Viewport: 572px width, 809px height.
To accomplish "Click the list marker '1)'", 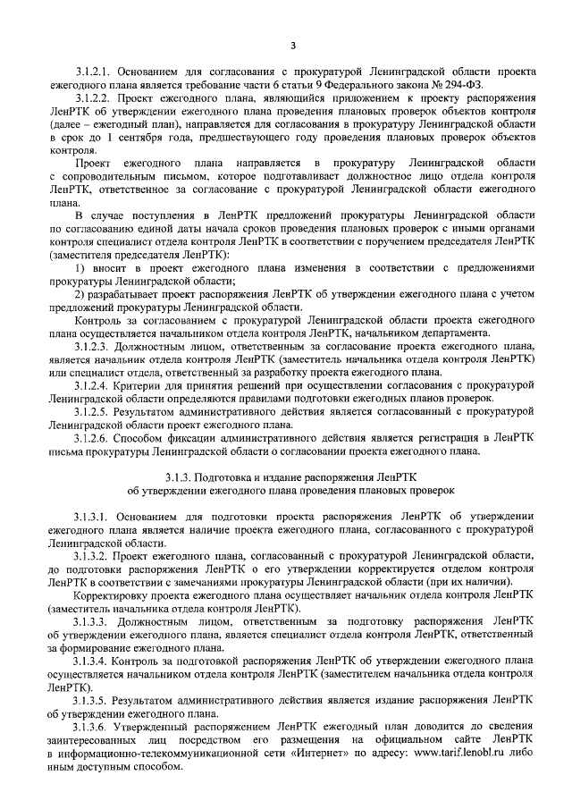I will (x=80, y=268).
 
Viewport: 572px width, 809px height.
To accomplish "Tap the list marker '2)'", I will (x=80, y=294).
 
